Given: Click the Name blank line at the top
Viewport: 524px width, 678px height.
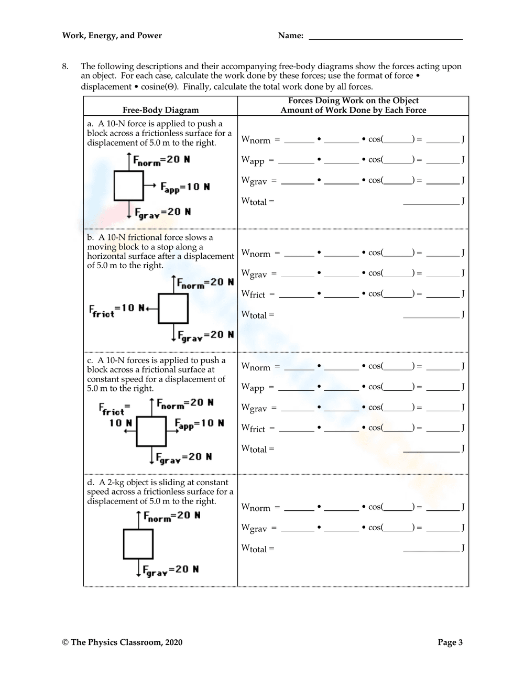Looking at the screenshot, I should point(386,38).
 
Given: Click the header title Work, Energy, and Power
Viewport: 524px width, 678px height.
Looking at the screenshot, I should point(112,36).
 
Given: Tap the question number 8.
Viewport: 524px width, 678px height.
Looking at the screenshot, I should point(65,66).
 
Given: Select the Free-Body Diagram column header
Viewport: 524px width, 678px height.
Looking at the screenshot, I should point(160,110).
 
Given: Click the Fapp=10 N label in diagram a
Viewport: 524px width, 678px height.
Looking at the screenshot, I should point(185,187).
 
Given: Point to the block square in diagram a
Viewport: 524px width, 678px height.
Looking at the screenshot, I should point(128,185).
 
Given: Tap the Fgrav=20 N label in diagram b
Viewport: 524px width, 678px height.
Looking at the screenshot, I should point(205,335).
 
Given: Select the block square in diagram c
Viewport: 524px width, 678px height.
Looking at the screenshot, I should point(151,432).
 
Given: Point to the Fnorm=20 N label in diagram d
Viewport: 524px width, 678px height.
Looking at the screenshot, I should point(172,516).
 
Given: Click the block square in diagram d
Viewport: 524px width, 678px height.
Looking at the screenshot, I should point(138,544).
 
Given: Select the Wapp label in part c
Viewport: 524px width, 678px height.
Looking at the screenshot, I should point(253,387).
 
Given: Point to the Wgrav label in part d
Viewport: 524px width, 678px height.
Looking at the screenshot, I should point(254,528).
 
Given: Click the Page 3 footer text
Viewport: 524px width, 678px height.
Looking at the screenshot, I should point(450,642).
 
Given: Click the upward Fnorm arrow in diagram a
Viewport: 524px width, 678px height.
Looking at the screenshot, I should point(128,161).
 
